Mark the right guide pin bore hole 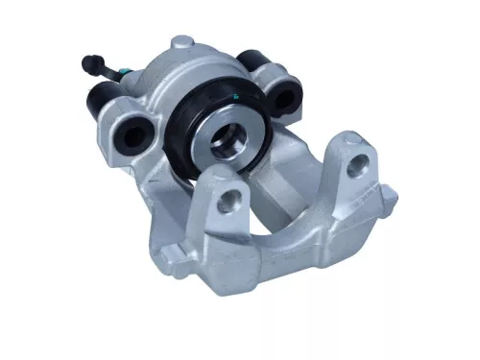click(x=286, y=95)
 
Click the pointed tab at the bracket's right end click(x=389, y=198)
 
